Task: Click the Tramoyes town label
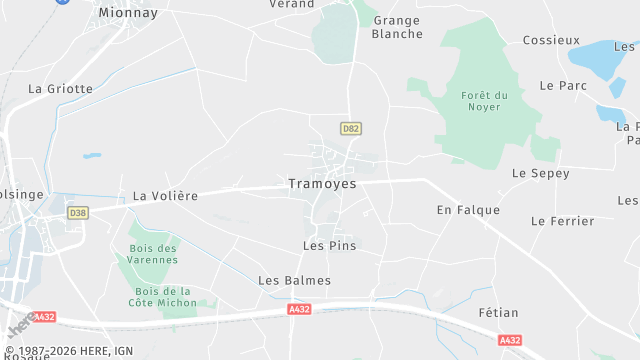coord(322,184)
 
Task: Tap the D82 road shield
coord(350,129)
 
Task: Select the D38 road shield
coord(78,213)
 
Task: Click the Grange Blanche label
coord(397,27)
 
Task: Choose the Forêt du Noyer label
coord(485,101)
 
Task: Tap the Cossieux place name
coord(551,40)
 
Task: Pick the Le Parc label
coord(562,86)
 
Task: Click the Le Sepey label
coord(540,173)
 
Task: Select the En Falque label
coord(468,210)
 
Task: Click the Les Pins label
coord(329,245)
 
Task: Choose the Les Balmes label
coord(294,281)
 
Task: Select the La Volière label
coord(165,196)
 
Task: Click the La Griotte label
coord(60,88)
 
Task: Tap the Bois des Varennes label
coord(153,254)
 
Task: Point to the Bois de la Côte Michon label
coord(162,297)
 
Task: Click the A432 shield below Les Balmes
coord(299,310)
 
